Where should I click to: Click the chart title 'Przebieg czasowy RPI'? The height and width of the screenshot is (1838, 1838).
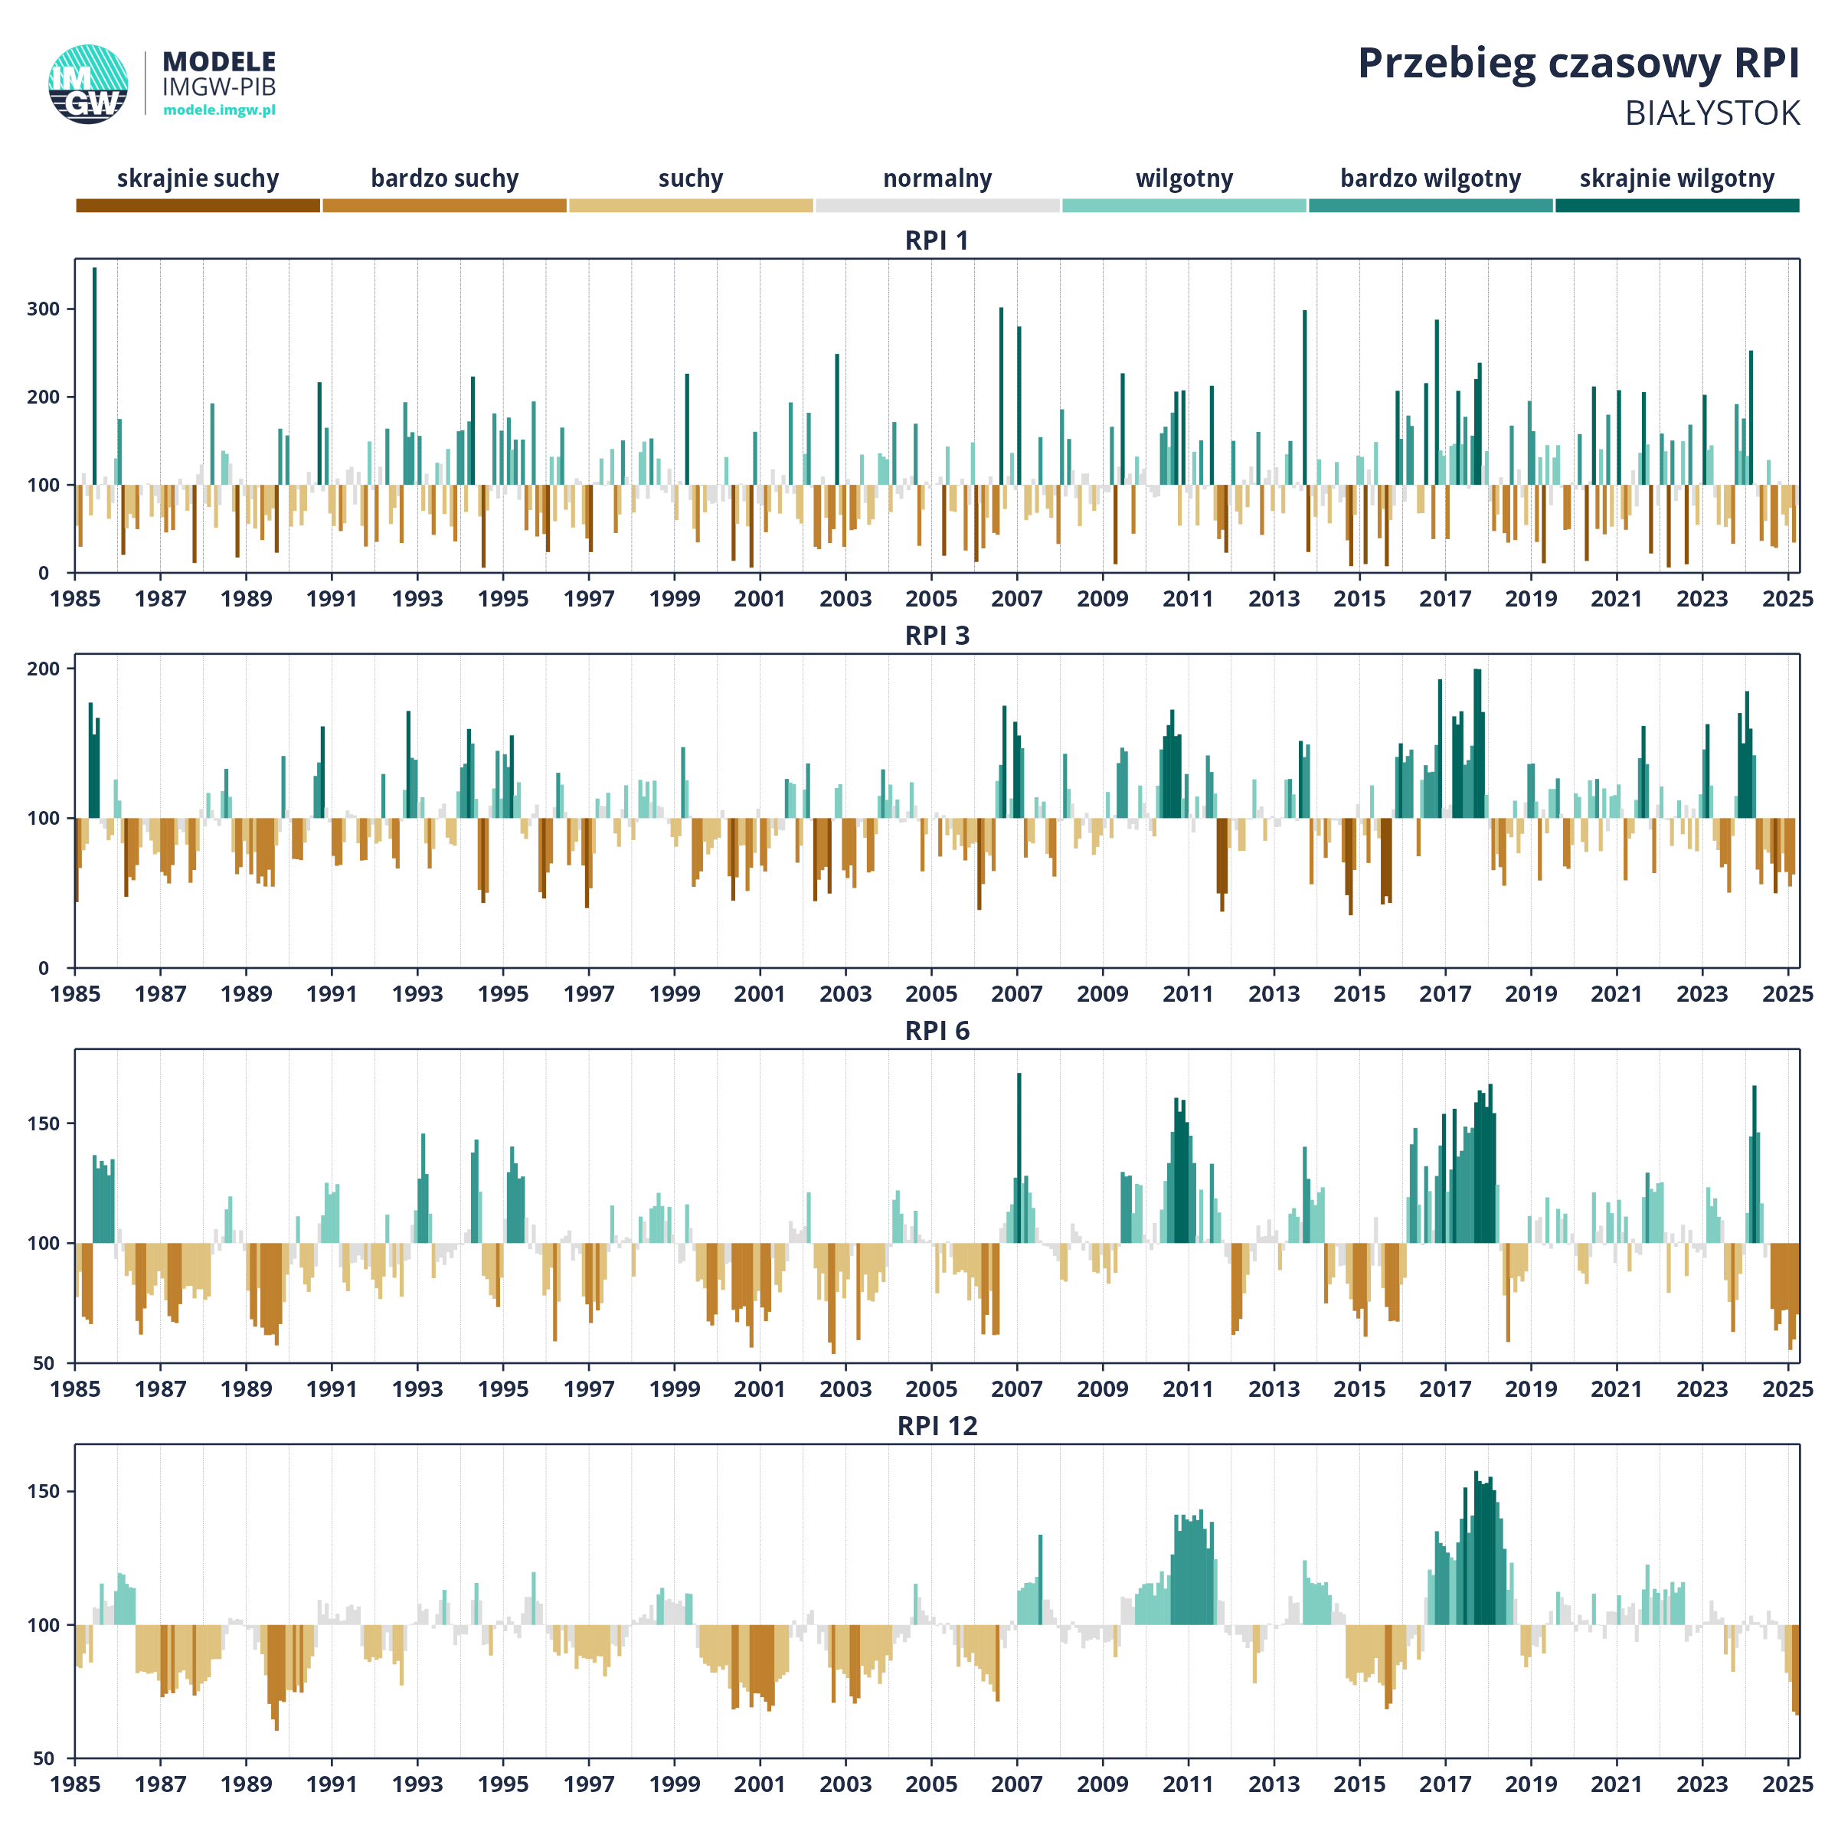tap(1578, 64)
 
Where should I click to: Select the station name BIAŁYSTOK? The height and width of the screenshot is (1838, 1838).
tap(1712, 113)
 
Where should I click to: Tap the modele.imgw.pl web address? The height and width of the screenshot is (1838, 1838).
tap(219, 110)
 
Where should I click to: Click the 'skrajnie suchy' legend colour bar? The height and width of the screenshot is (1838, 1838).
tap(198, 205)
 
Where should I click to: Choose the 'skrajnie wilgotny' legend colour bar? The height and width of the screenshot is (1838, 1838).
tap(1677, 205)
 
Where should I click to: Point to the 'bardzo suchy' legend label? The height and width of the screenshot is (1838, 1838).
tap(444, 179)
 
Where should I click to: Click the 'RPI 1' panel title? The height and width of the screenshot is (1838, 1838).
tap(937, 240)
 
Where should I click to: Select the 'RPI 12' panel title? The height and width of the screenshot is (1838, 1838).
tap(937, 1425)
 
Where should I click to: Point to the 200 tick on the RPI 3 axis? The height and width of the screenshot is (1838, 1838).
tap(44, 668)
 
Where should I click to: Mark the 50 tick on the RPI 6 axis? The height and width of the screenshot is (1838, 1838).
tap(44, 1362)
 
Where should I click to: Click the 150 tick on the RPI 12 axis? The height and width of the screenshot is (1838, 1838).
tap(44, 1491)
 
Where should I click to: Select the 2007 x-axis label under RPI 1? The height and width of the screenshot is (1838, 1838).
tap(1017, 598)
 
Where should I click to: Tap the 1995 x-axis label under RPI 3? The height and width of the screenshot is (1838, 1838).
tap(503, 993)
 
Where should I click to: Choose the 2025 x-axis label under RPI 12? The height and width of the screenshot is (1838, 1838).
tap(1787, 1784)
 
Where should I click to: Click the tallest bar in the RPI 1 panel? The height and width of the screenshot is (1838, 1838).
tap(94, 376)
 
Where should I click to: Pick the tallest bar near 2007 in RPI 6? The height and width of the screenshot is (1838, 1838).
tap(1019, 1158)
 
